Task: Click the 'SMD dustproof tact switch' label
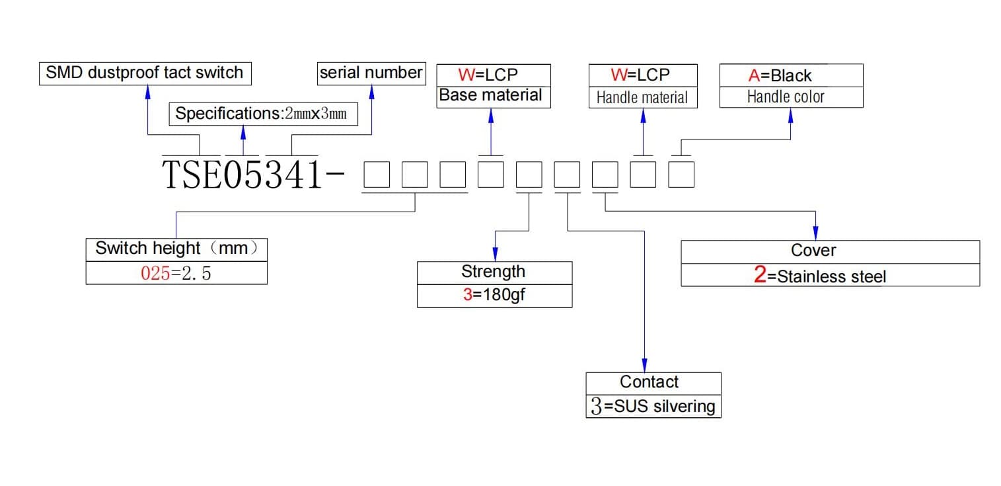(x=145, y=73)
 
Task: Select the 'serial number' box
(x=371, y=73)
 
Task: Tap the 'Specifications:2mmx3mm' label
(x=261, y=114)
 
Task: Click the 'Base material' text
(x=490, y=95)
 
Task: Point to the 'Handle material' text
(x=642, y=97)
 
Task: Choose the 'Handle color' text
(x=786, y=97)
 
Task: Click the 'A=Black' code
(x=780, y=75)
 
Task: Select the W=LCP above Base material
(x=488, y=75)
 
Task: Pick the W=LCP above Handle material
(x=640, y=75)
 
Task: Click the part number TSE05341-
(x=253, y=175)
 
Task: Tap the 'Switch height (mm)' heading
(x=176, y=248)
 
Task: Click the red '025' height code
(x=155, y=273)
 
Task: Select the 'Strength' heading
(x=493, y=271)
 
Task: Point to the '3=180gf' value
(x=494, y=295)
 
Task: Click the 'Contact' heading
(x=649, y=382)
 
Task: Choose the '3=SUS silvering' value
(x=653, y=406)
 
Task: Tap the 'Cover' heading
(x=813, y=251)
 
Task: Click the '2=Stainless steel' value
(x=819, y=276)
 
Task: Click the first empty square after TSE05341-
(x=377, y=175)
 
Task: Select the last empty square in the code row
(x=681, y=175)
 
